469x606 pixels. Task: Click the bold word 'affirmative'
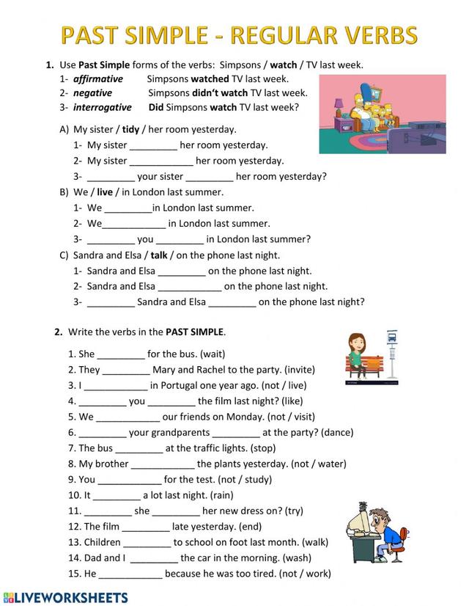tap(98, 79)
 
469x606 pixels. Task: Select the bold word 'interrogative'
tap(103, 107)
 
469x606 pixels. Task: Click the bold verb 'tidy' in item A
tap(130, 129)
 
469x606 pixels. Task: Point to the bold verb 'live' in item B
tap(105, 192)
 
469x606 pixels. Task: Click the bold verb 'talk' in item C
tap(159, 255)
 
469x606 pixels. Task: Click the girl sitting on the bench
tap(358, 356)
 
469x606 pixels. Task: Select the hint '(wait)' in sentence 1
tap(217, 354)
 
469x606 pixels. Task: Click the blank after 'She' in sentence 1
tap(121, 354)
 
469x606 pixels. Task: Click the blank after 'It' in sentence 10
tap(117, 495)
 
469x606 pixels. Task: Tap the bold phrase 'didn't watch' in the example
tap(219, 93)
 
